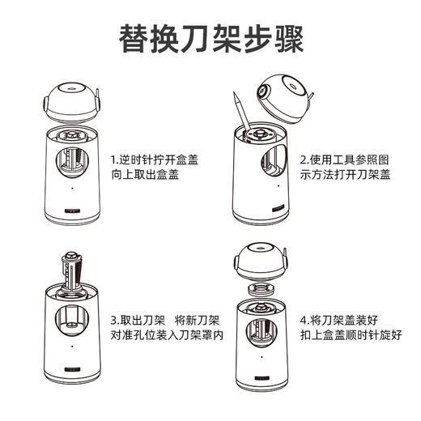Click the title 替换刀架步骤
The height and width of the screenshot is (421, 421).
(210, 37)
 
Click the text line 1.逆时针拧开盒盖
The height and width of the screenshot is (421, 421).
(155, 159)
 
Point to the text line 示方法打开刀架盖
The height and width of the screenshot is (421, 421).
(345, 175)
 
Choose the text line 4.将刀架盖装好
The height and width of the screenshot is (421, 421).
(339, 319)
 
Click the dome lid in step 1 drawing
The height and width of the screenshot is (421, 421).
(73, 100)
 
